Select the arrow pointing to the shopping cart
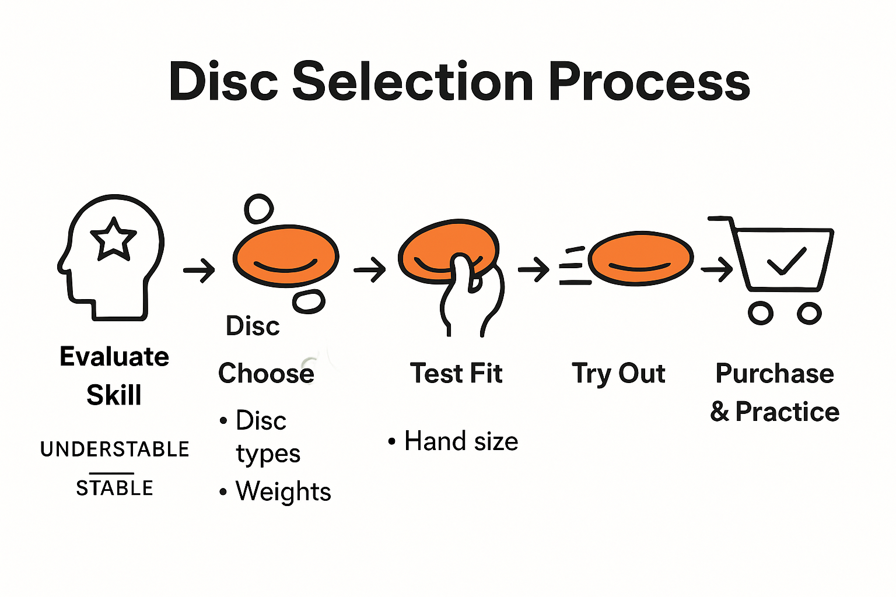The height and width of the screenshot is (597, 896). tap(717, 269)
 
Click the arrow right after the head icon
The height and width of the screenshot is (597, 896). tap(199, 270)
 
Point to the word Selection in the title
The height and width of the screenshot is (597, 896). tap(412, 82)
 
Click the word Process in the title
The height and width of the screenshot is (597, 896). tap(649, 82)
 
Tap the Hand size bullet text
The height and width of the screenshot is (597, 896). tap(461, 441)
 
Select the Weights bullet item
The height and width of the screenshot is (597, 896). tap(283, 491)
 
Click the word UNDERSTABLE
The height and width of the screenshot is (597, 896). tap(115, 449)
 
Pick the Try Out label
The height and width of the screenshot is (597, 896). tap(618, 373)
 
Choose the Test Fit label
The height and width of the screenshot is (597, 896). tap(456, 373)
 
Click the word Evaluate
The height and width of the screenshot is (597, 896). tap(114, 356)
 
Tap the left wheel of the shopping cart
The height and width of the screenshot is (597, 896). tap(761, 313)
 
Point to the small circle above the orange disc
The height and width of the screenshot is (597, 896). tap(258, 209)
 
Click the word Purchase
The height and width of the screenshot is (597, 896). tap(775, 373)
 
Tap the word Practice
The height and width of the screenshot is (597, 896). tap(787, 412)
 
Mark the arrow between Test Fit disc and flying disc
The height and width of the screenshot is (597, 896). tap(533, 269)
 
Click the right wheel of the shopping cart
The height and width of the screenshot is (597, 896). tap(809, 313)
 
